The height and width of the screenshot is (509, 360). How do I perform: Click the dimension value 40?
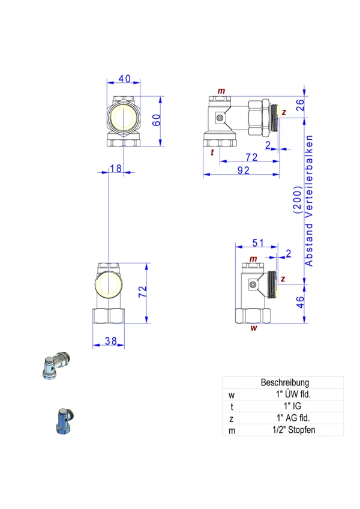pyautogui.click(x=124, y=79)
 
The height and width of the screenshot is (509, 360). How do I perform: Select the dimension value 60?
pyautogui.click(x=157, y=120)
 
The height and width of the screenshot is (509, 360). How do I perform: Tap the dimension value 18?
pyautogui.click(x=115, y=169)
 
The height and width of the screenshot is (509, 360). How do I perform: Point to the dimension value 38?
pyautogui.click(x=110, y=341)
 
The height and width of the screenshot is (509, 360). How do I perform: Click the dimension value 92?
pyautogui.click(x=242, y=170)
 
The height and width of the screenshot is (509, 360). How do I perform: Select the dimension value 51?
pyautogui.click(x=258, y=242)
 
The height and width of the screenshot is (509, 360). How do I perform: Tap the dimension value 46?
pyautogui.click(x=301, y=302)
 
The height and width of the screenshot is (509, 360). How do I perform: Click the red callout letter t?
pyautogui.click(x=212, y=152)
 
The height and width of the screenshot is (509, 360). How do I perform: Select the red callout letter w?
pyautogui.click(x=254, y=328)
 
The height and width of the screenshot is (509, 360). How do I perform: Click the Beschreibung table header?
pyautogui.click(x=284, y=382)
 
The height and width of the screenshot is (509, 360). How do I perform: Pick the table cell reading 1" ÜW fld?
pyautogui.click(x=293, y=394)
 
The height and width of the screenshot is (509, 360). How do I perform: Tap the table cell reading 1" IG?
pyautogui.click(x=292, y=406)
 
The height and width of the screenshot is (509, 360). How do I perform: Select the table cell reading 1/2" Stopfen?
pyautogui.click(x=292, y=430)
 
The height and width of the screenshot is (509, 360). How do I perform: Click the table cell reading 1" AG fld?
pyautogui.click(x=293, y=418)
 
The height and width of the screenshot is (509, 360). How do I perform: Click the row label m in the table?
pyautogui.click(x=232, y=430)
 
